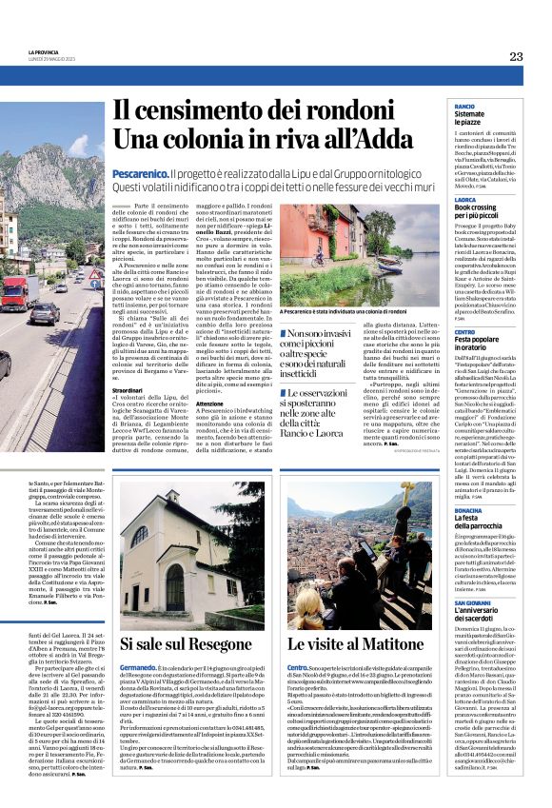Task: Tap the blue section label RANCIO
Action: [x=464, y=106]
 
